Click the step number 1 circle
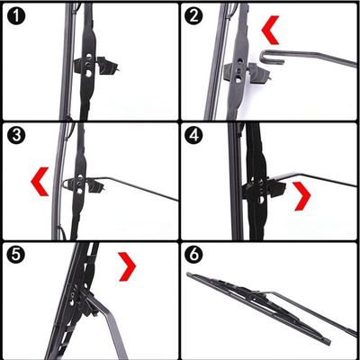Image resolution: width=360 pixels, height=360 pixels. click(16, 16)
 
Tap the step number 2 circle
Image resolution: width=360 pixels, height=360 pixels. click(194, 16)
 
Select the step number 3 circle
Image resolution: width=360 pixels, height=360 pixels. click(16, 135)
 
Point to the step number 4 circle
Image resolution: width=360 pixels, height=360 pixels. click(194, 135)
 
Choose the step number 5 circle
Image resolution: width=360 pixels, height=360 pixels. click(16, 255)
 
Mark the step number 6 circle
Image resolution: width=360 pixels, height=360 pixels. click(194, 255)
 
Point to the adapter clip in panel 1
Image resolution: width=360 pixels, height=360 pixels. click(95, 66)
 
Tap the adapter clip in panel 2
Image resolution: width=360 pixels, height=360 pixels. click(246, 74)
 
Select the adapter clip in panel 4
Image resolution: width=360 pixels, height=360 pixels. click(264, 189)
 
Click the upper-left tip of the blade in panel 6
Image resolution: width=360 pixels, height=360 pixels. click(188, 274)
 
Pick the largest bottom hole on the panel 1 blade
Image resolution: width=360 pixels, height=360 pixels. click(88, 73)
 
